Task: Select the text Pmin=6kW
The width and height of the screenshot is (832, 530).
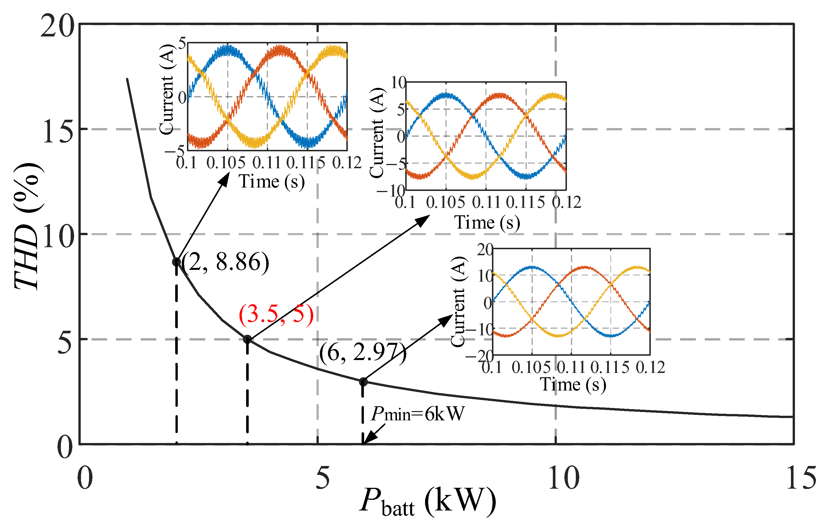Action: point(417,414)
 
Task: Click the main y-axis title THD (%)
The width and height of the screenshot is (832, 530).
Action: point(28,226)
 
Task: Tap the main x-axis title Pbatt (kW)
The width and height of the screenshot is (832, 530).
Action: point(428,502)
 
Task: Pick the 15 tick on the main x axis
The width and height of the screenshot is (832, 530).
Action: point(801,478)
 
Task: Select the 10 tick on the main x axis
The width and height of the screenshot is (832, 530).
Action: point(563,478)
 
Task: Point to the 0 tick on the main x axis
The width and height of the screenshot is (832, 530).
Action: point(85,478)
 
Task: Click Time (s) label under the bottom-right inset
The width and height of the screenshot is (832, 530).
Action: point(573,384)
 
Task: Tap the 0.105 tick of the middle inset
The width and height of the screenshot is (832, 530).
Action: point(445,202)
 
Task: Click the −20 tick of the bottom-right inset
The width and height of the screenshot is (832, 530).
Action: point(480,356)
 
